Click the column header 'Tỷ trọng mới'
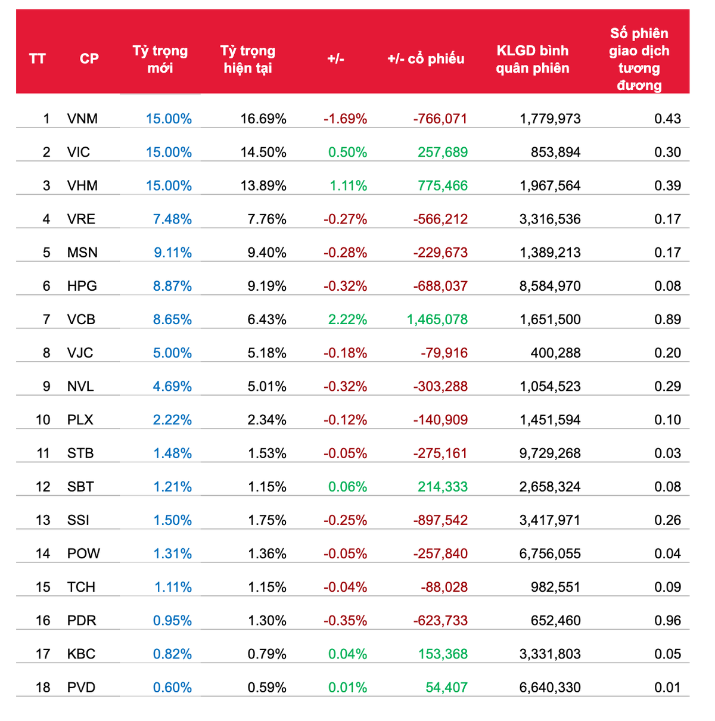click(x=160, y=59)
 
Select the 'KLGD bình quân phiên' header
click(x=532, y=59)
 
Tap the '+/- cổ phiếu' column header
click(x=425, y=58)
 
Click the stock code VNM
click(x=82, y=119)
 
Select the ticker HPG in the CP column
click(x=82, y=286)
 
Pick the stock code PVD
click(x=81, y=687)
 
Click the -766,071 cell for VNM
click(x=440, y=119)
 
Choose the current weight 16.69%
click(x=263, y=119)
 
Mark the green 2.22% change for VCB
click(x=347, y=319)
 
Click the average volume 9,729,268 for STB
click(x=549, y=453)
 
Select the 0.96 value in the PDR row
click(x=667, y=620)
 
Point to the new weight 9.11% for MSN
click(x=173, y=253)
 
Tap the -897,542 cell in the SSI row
click(x=440, y=520)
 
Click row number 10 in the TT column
click(x=43, y=420)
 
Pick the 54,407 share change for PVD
click(x=446, y=687)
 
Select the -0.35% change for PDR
click(x=345, y=620)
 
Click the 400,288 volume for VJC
click(x=555, y=353)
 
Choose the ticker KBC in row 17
click(x=81, y=654)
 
